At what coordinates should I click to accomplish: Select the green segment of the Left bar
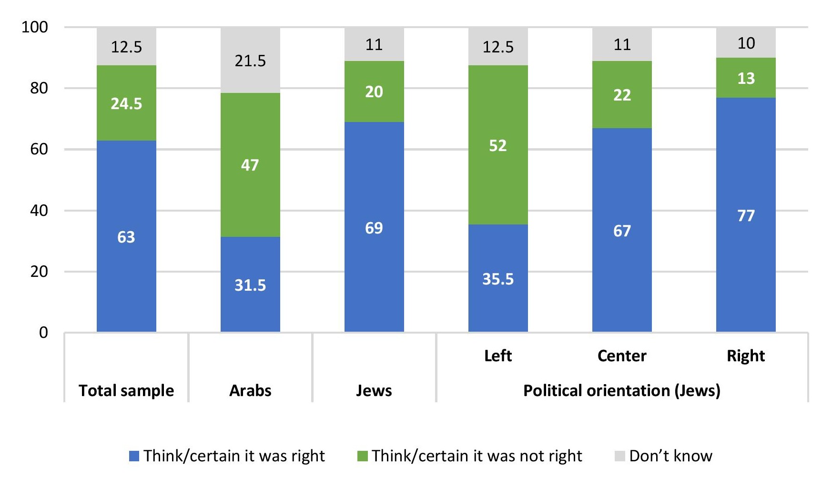pos(498,181)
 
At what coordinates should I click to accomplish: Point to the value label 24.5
pos(126,103)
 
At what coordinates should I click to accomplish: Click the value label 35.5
pos(498,279)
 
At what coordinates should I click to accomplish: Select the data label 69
pos(374,228)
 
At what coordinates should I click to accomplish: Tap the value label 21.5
pos(250,61)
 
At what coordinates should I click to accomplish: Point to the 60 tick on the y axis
pos(39,149)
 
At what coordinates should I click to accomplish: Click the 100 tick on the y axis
pos(35,27)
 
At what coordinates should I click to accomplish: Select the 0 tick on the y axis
pos(43,332)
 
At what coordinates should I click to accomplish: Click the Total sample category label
pos(126,390)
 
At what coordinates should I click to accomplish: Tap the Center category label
pos(622,356)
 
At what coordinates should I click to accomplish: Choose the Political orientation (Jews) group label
pos(622,390)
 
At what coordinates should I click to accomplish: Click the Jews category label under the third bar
pos(374,390)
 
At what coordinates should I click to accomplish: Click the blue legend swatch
pos(134,456)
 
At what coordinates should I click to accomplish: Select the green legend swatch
pos(363,456)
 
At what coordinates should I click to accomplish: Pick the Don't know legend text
pos(670,456)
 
